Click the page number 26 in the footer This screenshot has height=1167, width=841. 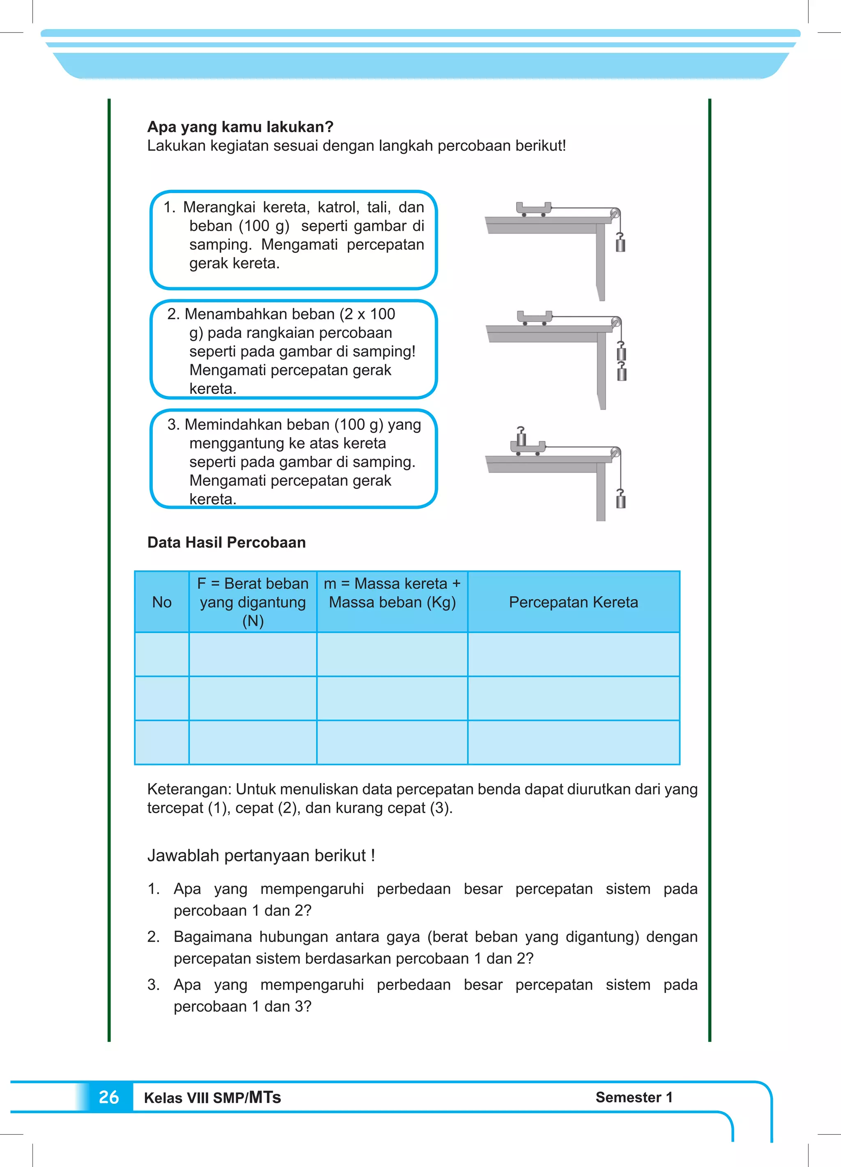(x=108, y=1097)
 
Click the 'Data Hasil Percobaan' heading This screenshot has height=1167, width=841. (x=226, y=542)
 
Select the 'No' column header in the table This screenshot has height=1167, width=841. (x=162, y=602)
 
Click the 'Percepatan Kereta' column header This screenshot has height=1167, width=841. (x=573, y=602)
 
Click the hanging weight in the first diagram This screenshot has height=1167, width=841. (x=621, y=244)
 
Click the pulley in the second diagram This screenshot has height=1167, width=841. (x=616, y=323)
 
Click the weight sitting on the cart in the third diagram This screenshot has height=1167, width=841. (x=522, y=437)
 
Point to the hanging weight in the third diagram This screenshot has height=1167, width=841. (x=621, y=501)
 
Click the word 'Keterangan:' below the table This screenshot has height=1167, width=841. (x=189, y=789)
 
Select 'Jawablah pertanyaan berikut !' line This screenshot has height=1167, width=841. (x=261, y=855)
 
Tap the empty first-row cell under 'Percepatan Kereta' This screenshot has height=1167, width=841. (x=573, y=654)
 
